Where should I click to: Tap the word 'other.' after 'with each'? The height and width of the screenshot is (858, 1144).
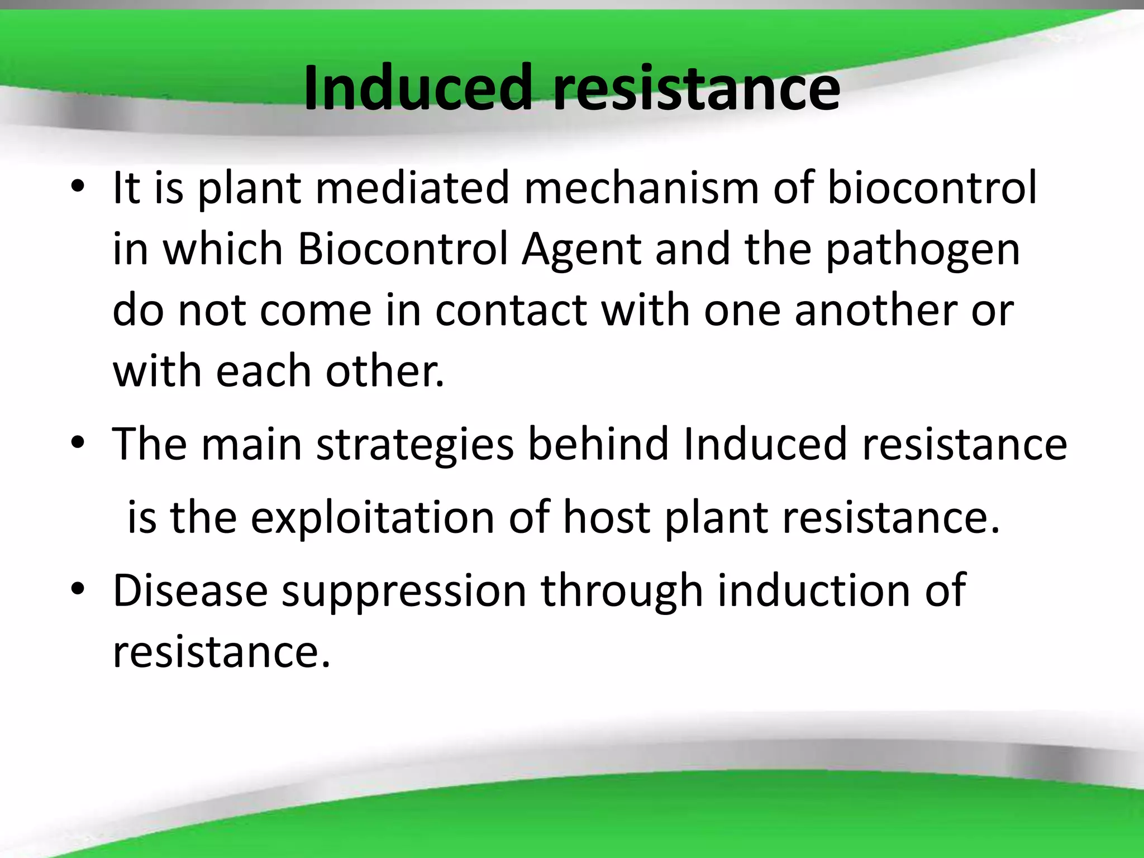tap(385, 371)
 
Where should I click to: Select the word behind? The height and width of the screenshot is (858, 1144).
tap(598, 444)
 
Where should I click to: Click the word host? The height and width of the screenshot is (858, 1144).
tap(606, 517)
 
